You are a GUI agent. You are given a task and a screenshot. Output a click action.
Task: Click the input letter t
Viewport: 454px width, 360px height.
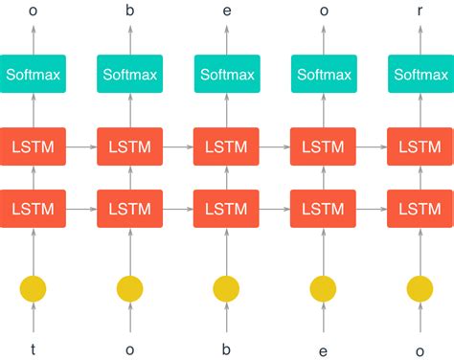pyautogui.click(x=34, y=349)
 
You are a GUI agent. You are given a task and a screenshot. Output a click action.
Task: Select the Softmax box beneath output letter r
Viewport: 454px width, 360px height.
pyautogui.click(x=420, y=74)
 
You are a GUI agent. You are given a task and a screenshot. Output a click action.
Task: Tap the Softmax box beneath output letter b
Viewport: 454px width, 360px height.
pyautogui.click(x=129, y=74)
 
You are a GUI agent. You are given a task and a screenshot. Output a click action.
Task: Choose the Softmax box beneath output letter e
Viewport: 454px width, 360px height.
pyautogui.click(x=226, y=74)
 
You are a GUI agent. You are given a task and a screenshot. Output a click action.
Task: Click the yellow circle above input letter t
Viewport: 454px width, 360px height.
pyautogui.click(x=34, y=287)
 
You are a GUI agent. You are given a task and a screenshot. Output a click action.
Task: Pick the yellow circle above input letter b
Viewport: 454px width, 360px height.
pyautogui.click(x=226, y=287)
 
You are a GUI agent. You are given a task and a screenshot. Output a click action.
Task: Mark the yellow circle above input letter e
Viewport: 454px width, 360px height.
pyautogui.click(x=323, y=287)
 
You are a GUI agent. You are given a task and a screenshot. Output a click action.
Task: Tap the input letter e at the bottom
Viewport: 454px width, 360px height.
pyautogui.click(x=323, y=350)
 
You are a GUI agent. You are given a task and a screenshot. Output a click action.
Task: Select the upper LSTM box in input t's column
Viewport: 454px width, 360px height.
pyautogui.click(x=34, y=147)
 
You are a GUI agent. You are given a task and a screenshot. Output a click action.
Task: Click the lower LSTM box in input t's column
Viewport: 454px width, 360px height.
pyautogui.click(x=34, y=208)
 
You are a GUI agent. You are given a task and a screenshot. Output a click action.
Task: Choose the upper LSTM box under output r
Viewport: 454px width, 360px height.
pyautogui.click(x=420, y=147)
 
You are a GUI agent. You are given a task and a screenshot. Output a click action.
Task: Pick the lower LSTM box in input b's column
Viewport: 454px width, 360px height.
pyautogui.click(x=226, y=208)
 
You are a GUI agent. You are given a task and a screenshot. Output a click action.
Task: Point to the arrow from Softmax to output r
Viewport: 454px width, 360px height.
pyautogui.click(x=420, y=40)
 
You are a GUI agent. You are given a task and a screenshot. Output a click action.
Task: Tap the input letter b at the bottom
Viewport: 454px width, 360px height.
pyautogui.click(x=226, y=349)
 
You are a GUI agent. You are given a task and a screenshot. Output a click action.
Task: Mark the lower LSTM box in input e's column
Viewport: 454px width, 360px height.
pyautogui.click(x=323, y=208)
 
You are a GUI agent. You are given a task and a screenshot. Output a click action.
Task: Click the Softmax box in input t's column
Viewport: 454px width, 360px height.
pyautogui.click(x=34, y=74)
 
